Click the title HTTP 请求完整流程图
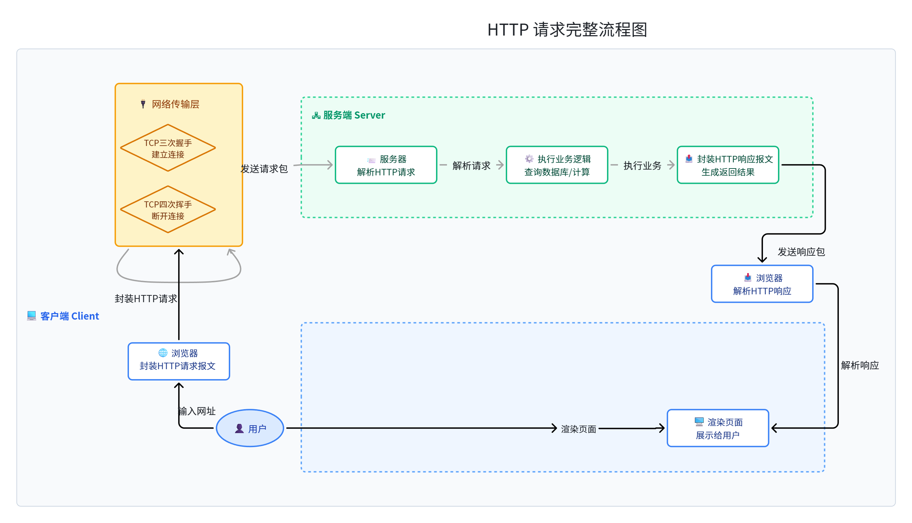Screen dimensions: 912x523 567,29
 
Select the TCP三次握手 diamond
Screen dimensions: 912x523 168,148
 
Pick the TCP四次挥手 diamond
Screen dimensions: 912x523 168,210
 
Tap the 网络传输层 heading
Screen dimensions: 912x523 170,104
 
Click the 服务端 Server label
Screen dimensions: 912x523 348,115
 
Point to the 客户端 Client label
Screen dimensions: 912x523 63,316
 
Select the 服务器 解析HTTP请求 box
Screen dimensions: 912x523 386,165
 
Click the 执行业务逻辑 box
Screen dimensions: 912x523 557,165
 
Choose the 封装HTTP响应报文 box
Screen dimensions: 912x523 728,165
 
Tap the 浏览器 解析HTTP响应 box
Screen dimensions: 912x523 762,284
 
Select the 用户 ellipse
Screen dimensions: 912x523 250,429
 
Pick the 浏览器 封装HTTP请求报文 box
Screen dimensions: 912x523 179,361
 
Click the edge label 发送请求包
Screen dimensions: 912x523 264,169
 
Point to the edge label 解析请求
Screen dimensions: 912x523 472,165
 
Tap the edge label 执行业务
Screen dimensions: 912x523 643,165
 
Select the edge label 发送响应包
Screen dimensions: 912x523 801,252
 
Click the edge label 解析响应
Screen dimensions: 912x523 860,365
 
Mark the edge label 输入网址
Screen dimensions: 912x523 197,411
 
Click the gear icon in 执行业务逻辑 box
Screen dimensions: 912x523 529,159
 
